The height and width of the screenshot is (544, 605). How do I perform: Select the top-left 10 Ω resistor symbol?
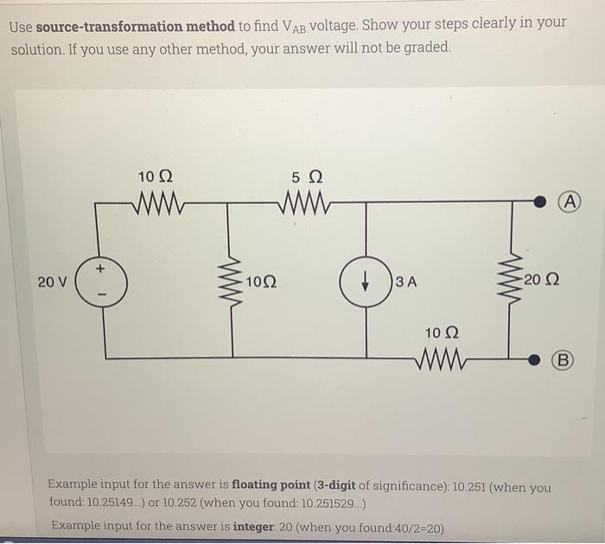[x=156, y=205]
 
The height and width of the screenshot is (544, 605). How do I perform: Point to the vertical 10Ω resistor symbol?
[x=231, y=281]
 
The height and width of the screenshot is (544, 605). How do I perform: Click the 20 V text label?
[x=51, y=281]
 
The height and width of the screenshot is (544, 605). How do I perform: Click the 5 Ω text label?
[x=307, y=178]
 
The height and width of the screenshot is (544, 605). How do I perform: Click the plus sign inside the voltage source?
[x=100, y=270]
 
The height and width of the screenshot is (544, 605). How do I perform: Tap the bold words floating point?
[x=270, y=487]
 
